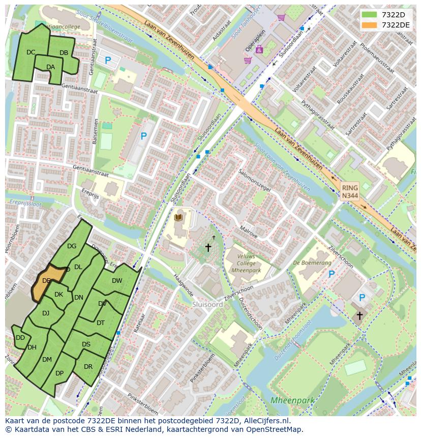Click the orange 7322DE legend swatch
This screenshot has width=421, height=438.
click(370, 25)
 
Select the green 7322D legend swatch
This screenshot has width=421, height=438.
click(370, 14)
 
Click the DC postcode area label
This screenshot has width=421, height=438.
click(31, 52)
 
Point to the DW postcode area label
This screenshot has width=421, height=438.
click(117, 281)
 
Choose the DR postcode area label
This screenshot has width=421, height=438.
click(88, 367)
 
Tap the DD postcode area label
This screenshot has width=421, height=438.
click(20, 338)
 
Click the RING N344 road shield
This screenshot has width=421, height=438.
click(350, 192)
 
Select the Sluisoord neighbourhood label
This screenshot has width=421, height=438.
click(207, 304)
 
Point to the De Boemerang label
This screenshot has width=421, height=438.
click(312, 263)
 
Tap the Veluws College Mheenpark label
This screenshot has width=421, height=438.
click(246, 264)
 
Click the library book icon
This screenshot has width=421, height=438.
click(178, 218)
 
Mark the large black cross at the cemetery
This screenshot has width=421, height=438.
click(208, 248)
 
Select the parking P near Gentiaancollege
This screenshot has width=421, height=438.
click(108, 61)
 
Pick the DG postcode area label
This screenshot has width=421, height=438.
click(72, 247)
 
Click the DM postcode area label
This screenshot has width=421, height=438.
click(47, 360)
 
